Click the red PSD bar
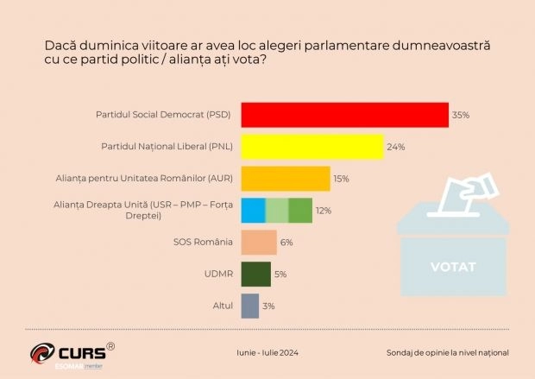(x=344, y=115)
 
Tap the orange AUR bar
(x=285, y=179)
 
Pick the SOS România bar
(x=258, y=243)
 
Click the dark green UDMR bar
(x=255, y=274)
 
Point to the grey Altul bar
(x=249, y=306)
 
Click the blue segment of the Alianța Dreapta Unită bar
(x=253, y=211)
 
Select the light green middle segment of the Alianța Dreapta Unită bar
(x=276, y=211)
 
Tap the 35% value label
(x=461, y=115)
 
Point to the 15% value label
(x=342, y=179)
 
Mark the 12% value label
(x=323, y=211)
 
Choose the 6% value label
(x=286, y=243)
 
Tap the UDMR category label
(x=217, y=275)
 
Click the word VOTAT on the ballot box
(x=453, y=267)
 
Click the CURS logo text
(x=81, y=352)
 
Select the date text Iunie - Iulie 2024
(x=267, y=352)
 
